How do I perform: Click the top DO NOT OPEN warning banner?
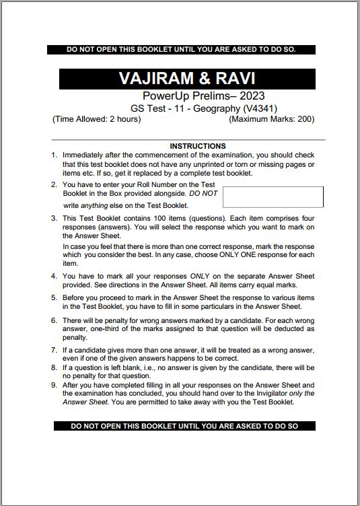pos(182,49)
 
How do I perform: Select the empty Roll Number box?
pos(273,196)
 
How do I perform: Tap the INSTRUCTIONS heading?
pos(198,146)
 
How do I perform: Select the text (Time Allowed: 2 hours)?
pos(96,119)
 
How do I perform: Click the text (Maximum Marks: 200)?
pos(271,119)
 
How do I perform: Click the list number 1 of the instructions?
pos(55,155)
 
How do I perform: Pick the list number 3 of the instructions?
pos(55,219)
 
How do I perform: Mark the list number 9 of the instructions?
pos(55,386)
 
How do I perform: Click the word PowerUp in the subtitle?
pos(159,96)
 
